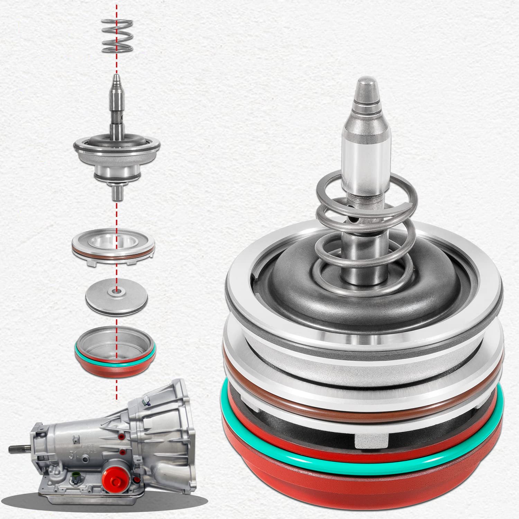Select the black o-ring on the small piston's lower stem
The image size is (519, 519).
click(117, 178)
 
